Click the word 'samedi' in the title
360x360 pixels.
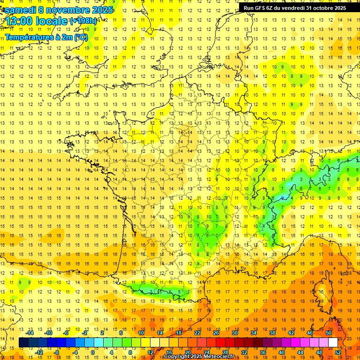pyautogui.click(x=20, y=10)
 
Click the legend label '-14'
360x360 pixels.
pyautogui.click(x=30, y=333)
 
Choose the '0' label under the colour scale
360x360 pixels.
pyautogui.click(x=93, y=352)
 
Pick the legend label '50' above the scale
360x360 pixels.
pyautogui.click(x=328, y=333)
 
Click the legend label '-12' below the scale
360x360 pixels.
pyautogui.click(x=39, y=352)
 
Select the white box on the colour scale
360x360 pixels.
pyautogui.click(x=333, y=343)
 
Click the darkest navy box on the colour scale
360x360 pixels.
pyautogui.click(x=23, y=343)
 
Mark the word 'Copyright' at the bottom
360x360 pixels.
pyautogui.click(x=177, y=357)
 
